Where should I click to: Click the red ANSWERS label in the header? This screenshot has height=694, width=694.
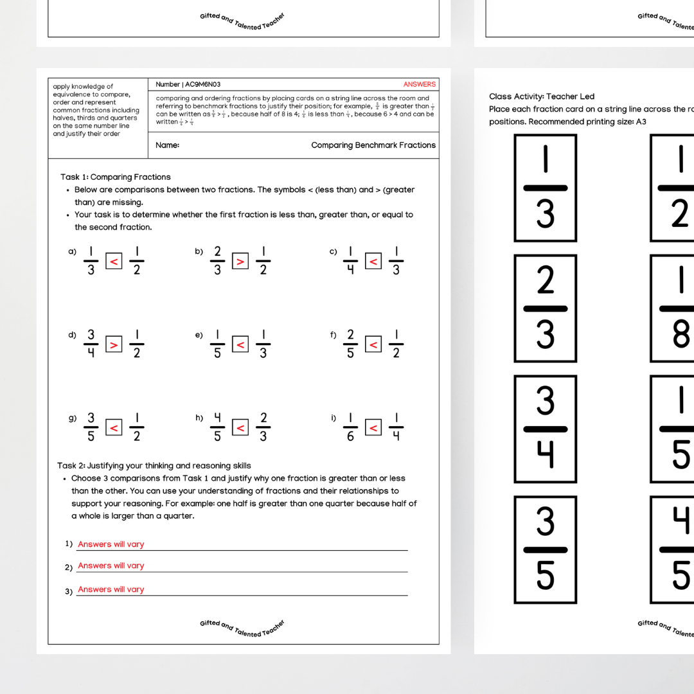coord(419,84)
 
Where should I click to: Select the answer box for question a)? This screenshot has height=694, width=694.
coord(114,262)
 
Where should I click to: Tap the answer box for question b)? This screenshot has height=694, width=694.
coord(240,262)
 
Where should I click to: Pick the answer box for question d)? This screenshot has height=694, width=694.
coord(114,344)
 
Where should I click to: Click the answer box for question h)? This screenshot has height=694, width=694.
coord(240,427)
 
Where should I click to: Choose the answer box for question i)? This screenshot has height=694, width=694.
coord(373,427)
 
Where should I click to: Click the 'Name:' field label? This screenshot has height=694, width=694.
coord(168,145)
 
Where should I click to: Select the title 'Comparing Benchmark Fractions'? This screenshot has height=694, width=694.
coord(373,145)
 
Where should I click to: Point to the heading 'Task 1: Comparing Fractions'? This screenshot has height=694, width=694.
coord(116,177)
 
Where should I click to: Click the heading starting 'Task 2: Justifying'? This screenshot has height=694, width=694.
coord(154,466)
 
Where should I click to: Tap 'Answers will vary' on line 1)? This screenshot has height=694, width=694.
coord(111,544)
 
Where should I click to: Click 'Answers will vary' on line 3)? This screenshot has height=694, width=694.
coord(111,589)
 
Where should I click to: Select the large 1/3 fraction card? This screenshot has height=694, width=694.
coord(545,188)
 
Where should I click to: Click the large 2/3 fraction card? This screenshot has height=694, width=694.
coord(545,308)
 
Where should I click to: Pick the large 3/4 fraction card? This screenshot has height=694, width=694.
coord(545,429)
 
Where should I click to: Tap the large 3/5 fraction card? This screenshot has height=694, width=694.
coord(545,549)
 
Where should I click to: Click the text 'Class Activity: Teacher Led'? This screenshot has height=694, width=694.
coord(542,96)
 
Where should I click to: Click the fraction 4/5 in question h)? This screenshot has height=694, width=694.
coord(217,427)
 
